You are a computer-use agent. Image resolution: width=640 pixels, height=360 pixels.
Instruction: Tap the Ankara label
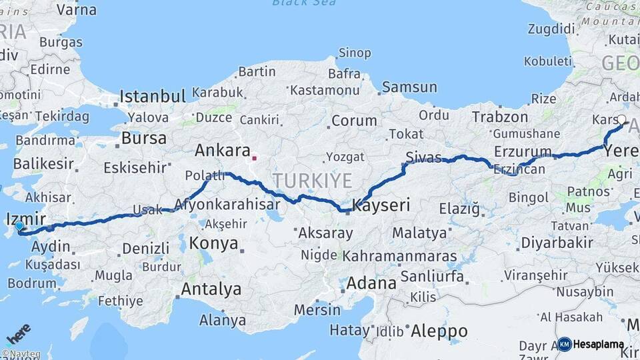tap(222, 151)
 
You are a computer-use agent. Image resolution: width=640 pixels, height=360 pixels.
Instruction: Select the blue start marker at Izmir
tap(19, 227)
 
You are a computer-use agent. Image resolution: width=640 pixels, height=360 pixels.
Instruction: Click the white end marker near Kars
tap(621, 120)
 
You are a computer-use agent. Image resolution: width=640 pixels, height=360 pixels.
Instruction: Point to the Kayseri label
tap(381, 205)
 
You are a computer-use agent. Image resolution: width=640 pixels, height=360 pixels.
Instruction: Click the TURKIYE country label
tap(311, 180)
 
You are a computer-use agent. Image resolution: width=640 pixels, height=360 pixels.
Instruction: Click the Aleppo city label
tap(439, 331)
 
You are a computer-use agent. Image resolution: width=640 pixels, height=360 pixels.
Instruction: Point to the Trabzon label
tap(500, 117)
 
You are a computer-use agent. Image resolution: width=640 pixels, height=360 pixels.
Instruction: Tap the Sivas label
tap(423, 157)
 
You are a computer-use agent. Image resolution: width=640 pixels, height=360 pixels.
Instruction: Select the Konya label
tap(213, 243)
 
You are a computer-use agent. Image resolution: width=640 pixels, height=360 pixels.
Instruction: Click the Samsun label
tap(409, 87)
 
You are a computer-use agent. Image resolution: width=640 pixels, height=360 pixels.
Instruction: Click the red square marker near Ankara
tap(254, 159)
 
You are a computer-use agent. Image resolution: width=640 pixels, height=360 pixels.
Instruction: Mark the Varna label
tap(76, 10)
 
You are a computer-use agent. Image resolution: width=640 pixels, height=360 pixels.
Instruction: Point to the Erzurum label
tap(523, 151)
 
